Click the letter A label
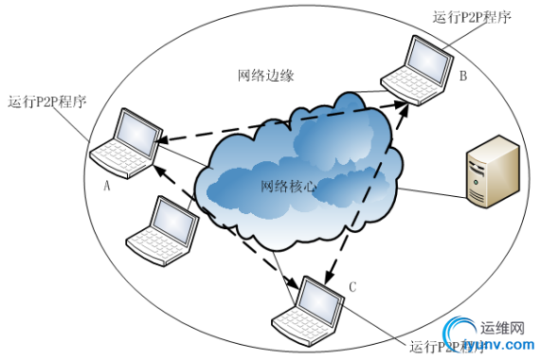(x=107, y=187)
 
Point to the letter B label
(x=463, y=77)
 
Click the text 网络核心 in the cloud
(x=288, y=186)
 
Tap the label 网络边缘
(x=261, y=76)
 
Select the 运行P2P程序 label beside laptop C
(x=445, y=346)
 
